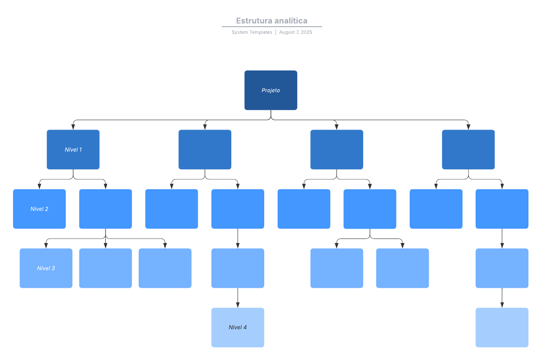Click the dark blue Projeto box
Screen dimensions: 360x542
coord(271,90)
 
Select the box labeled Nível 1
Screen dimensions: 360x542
coord(73,150)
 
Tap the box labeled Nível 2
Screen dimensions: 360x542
coord(39,209)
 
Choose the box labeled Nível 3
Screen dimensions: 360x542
coord(46,268)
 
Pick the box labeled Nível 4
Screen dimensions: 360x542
coord(238,327)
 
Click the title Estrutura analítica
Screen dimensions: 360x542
coord(271,21)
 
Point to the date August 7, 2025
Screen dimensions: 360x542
coord(295,33)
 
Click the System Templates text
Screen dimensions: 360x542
coord(252,33)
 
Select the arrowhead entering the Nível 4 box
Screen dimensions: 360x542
coord(238,305)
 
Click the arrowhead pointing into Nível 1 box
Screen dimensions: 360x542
coord(73,127)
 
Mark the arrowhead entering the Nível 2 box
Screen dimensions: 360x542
coord(39,186)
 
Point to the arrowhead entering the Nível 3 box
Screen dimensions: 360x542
coord(46,245)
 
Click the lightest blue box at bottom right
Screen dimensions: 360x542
coord(502,327)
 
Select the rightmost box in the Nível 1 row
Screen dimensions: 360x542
coord(468,150)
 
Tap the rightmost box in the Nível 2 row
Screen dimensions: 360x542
coord(502,209)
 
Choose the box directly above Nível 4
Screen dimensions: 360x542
coord(238,268)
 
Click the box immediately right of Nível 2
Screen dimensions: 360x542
coord(105,209)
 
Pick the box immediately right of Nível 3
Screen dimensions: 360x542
coord(105,268)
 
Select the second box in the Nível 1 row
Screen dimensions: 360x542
coord(205,150)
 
